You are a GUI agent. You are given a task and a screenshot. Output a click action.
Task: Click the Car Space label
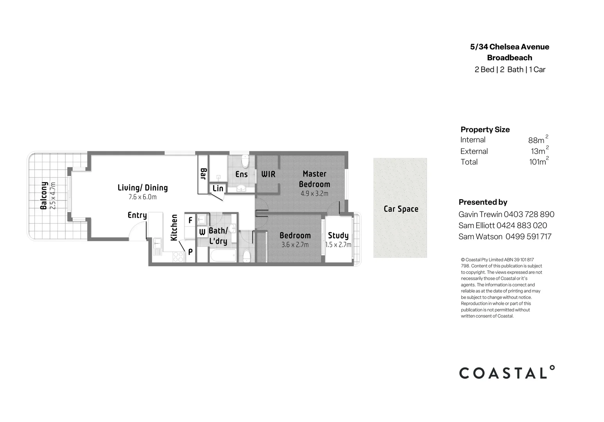[x=401, y=209]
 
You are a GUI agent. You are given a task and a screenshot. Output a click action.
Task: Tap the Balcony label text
[x=44, y=195]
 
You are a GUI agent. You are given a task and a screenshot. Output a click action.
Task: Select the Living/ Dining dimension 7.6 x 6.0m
[x=142, y=197]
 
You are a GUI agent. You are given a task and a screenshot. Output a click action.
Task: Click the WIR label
[x=268, y=174]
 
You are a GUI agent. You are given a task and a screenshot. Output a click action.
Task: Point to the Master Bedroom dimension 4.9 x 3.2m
[x=314, y=193]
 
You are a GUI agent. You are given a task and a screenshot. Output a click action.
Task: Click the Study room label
[x=338, y=235]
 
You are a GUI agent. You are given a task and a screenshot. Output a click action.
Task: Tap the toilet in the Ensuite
[x=245, y=161]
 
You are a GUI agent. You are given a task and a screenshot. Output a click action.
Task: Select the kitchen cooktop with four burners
[x=178, y=257]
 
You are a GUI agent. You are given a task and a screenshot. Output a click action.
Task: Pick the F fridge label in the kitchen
[x=190, y=221]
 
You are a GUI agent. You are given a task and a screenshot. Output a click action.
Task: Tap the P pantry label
[x=190, y=252]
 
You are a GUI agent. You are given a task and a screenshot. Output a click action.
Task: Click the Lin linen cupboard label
[x=218, y=188]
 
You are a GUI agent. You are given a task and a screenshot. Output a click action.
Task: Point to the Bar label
[x=203, y=174]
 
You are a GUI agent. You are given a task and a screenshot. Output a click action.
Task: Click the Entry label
[x=137, y=215]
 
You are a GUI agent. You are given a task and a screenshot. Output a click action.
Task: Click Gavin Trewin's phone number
[x=529, y=215]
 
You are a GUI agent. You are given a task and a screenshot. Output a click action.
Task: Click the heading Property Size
[x=485, y=130]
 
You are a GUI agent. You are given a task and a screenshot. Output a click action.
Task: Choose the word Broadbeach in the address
[x=509, y=58]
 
